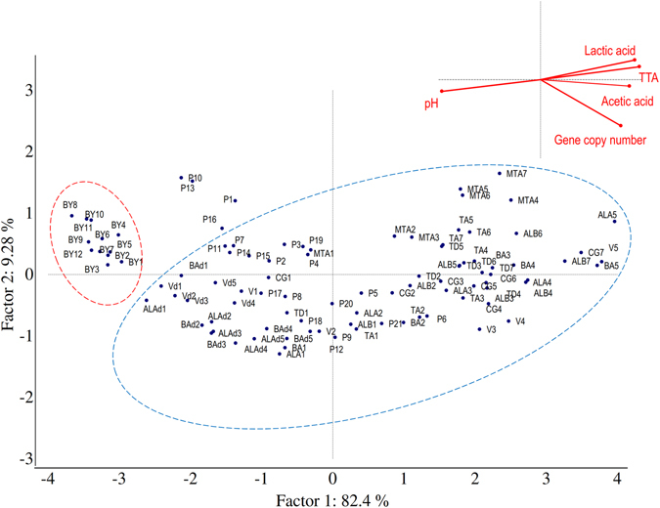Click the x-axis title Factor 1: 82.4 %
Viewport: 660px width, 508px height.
point(333,500)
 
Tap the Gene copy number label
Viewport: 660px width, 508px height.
point(600,140)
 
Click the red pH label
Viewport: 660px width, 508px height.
point(430,103)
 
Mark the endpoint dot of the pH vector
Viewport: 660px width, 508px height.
point(442,91)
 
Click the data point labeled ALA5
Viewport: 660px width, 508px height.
point(615,222)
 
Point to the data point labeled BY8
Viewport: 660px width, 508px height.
point(71,215)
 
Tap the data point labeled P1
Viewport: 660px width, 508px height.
point(236,200)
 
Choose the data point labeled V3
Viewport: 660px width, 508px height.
point(479,329)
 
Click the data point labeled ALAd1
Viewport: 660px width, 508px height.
point(147,301)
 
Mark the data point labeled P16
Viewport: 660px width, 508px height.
point(222,229)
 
